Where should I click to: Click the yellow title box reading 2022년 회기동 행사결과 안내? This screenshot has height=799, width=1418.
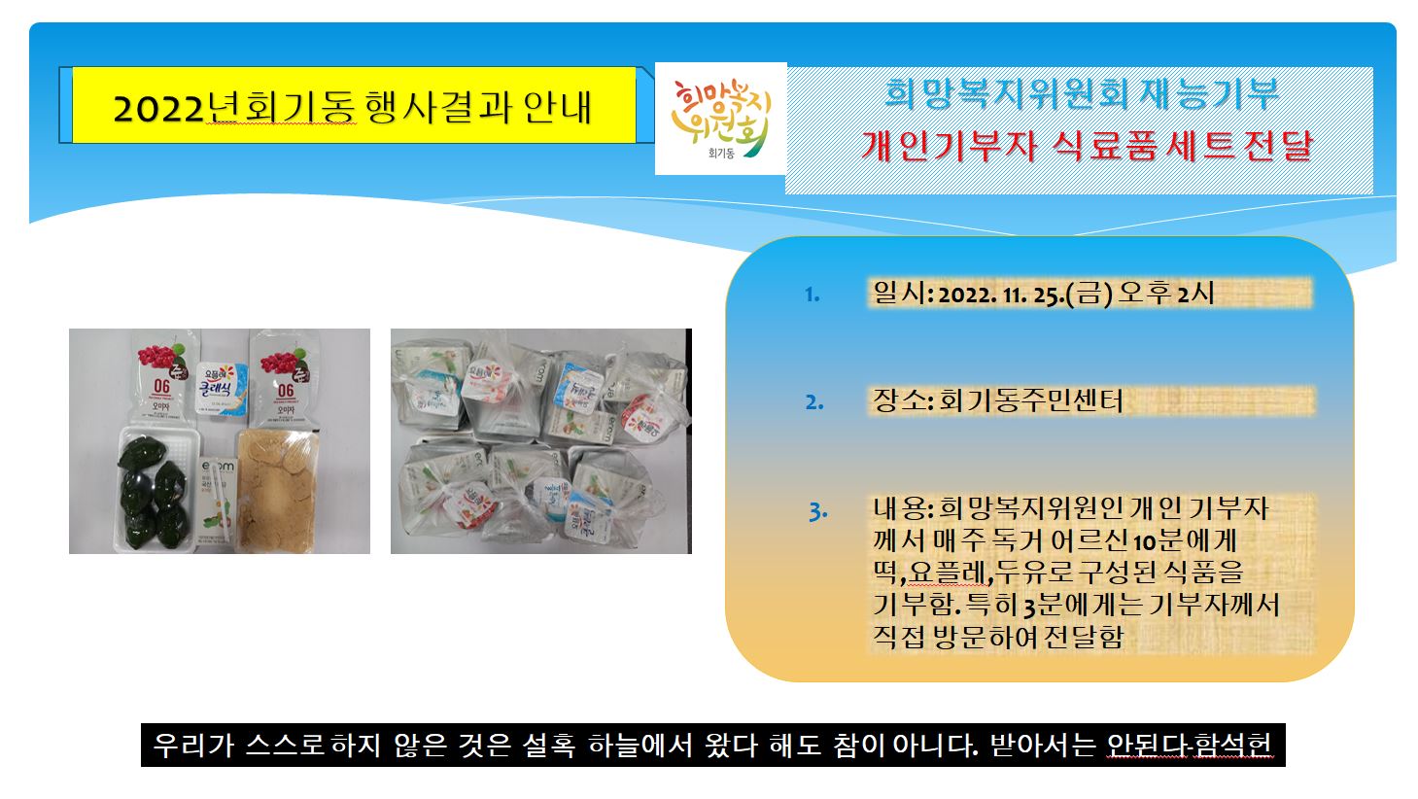(354, 105)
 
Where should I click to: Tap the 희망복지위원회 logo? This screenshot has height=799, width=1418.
(720, 119)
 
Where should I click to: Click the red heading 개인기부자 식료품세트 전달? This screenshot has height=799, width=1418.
(1087, 146)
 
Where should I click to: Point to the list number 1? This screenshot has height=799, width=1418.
(813, 295)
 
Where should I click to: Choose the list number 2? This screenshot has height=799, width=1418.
(814, 402)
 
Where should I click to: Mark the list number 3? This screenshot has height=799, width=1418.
(818, 511)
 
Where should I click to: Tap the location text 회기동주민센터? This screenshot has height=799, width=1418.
(1030, 400)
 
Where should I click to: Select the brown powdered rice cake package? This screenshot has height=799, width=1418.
(276, 489)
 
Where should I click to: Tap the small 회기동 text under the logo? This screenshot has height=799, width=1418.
(721, 154)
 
